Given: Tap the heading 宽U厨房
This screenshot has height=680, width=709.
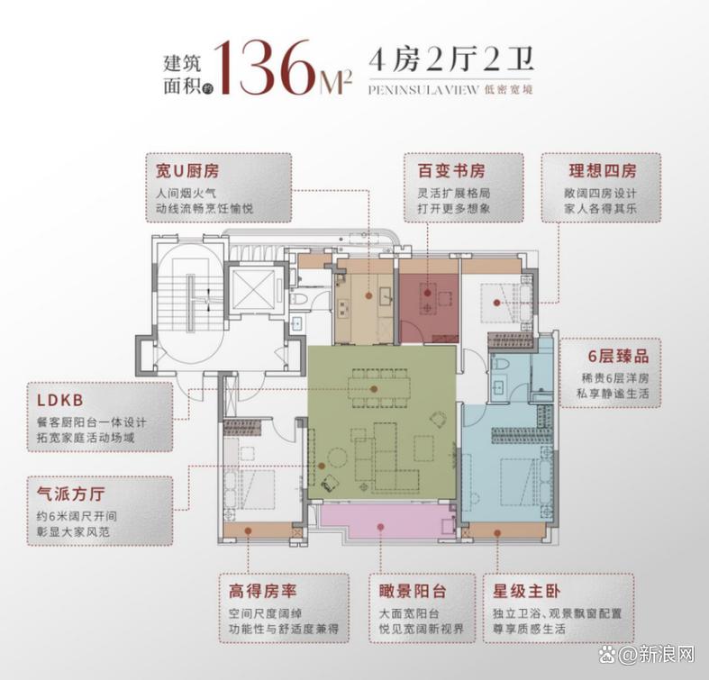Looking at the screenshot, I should click(187, 171).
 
